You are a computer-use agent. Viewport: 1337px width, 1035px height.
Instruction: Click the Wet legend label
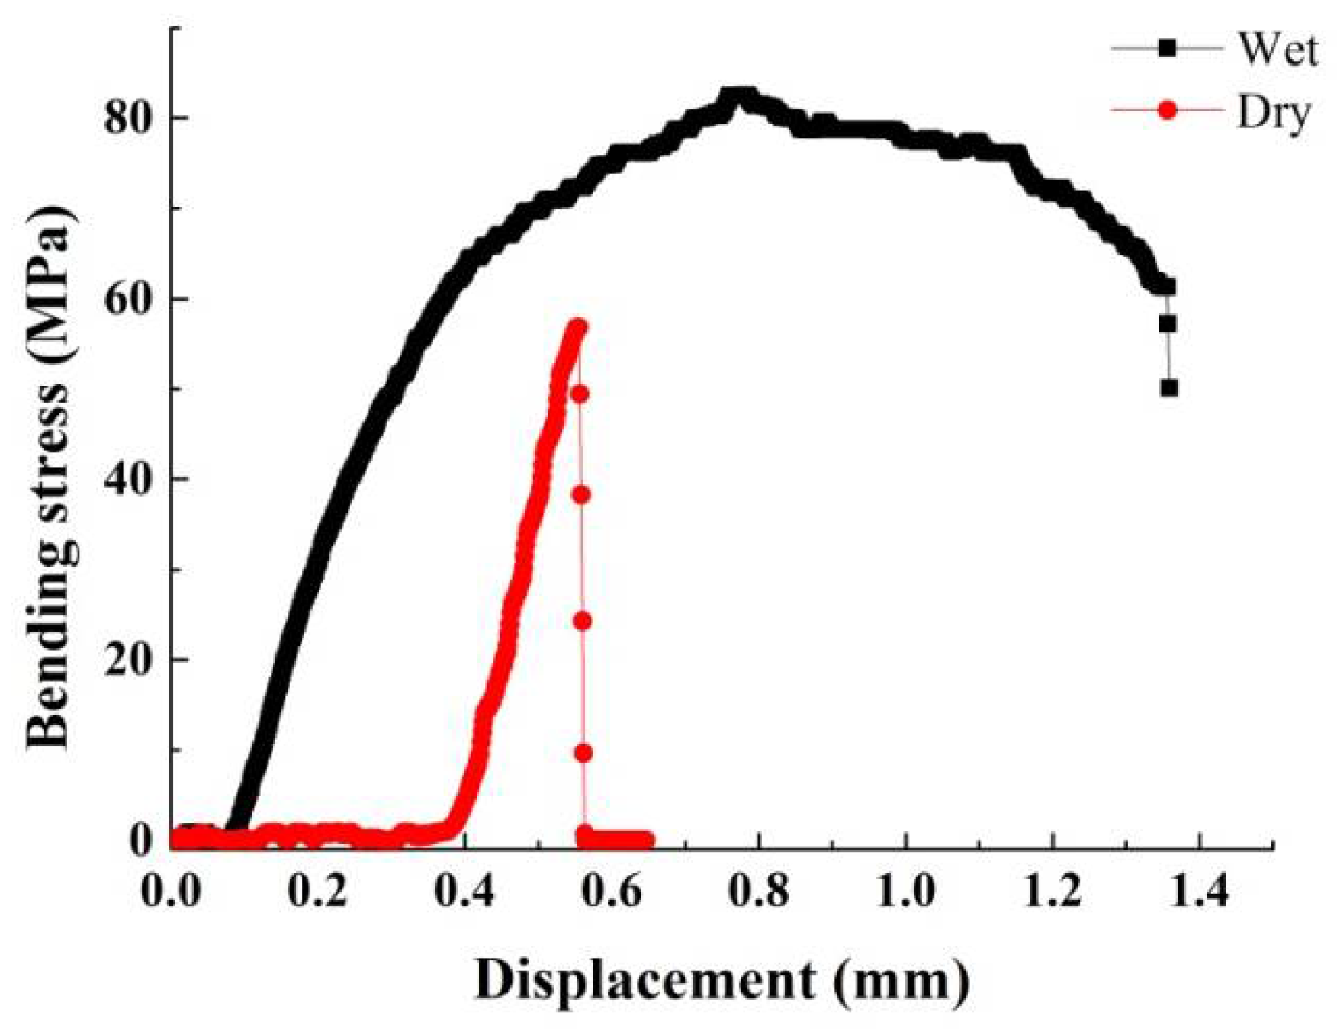(x=1278, y=50)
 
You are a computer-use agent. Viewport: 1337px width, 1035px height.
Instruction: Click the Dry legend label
(x=1273, y=112)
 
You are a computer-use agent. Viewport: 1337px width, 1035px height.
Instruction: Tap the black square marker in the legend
(x=1168, y=49)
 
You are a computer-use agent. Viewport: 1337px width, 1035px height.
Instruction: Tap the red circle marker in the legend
(x=1167, y=111)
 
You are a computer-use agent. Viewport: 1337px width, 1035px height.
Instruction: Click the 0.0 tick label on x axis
(x=171, y=890)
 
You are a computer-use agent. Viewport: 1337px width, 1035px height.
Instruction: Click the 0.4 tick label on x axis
(x=465, y=890)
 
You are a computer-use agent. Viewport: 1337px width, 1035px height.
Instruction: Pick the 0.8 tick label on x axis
(x=759, y=890)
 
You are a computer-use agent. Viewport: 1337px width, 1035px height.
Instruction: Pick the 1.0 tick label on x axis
(x=905, y=890)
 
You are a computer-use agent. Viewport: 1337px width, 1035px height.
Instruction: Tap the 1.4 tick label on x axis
(x=1199, y=890)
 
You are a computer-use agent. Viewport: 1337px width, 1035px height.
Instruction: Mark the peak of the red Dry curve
(x=577, y=326)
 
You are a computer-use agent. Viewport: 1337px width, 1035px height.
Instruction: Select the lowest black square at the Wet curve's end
(x=1168, y=388)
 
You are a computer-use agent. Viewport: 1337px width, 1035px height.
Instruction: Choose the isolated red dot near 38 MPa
(x=581, y=495)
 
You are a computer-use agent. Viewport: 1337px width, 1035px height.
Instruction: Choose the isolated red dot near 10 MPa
(x=583, y=754)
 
